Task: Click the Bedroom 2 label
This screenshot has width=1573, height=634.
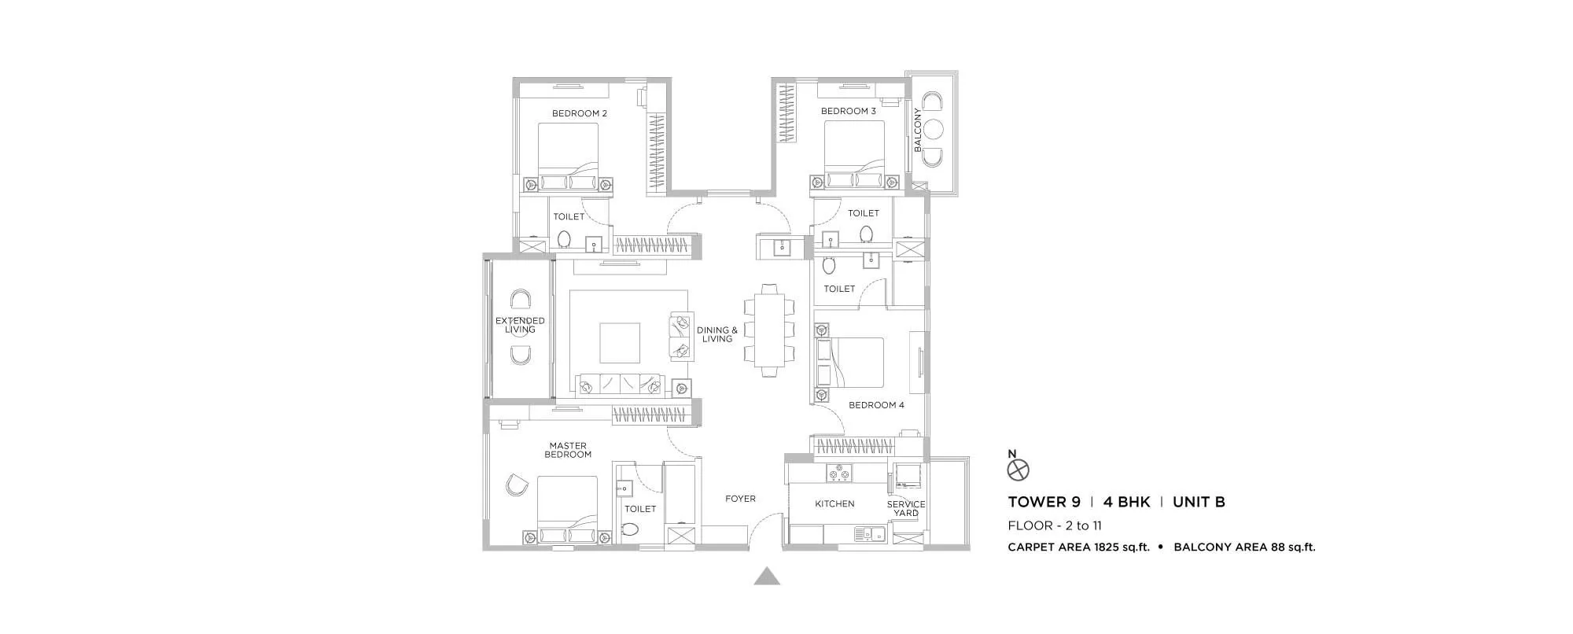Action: point(579,113)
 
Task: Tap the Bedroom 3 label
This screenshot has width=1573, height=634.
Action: point(848,111)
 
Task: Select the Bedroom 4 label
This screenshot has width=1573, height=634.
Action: point(876,405)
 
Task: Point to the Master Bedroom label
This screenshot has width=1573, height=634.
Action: point(568,450)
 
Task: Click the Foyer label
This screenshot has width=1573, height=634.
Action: point(740,499)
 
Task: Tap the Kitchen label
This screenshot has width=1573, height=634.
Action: point(834,503)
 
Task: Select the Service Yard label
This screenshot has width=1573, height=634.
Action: point(906,508)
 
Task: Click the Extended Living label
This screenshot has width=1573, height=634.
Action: point(520,325)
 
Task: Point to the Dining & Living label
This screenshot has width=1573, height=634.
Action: point(717,334)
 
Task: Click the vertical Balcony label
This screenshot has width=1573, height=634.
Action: point(918,130)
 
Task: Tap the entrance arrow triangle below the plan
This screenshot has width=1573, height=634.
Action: point(767,577)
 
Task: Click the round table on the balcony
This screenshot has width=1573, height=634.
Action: point(934,130)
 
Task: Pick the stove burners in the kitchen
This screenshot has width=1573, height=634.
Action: point(839,473)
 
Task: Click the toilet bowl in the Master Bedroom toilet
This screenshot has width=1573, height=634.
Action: point(628,529)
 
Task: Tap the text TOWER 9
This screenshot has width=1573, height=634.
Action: point(1044,502)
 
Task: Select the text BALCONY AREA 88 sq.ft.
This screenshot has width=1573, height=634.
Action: point(1244,547)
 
